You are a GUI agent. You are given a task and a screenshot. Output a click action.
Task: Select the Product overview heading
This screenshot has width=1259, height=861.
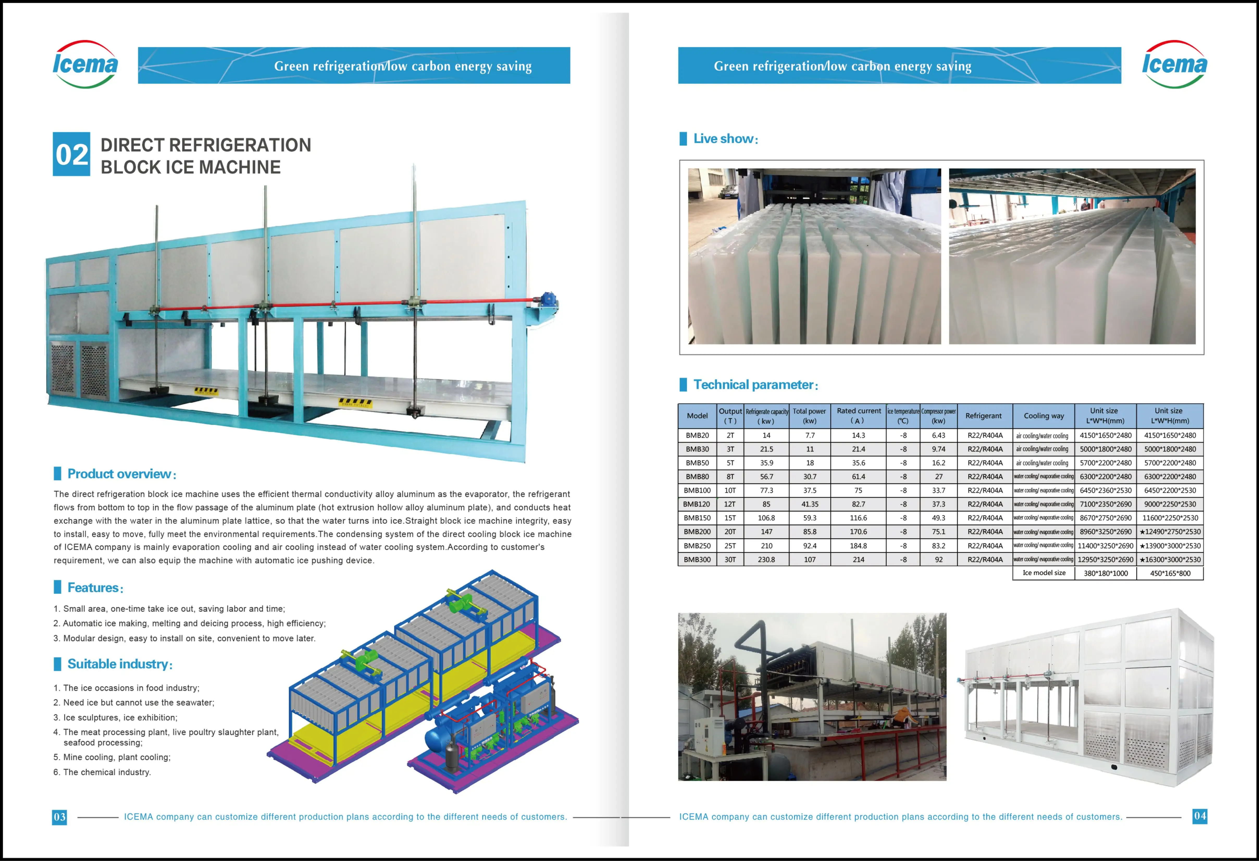[x=119, y=474]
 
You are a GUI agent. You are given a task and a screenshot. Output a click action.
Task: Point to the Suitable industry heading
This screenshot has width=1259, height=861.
[x=119, y=664]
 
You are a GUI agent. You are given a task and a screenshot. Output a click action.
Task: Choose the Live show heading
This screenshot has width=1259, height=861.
[x=725, y=139]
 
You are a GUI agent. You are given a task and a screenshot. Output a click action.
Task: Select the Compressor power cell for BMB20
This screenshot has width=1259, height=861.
[x=938, y=435]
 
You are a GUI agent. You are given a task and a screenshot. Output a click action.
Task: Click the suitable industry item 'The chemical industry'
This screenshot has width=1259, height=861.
[x=107, y=772]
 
